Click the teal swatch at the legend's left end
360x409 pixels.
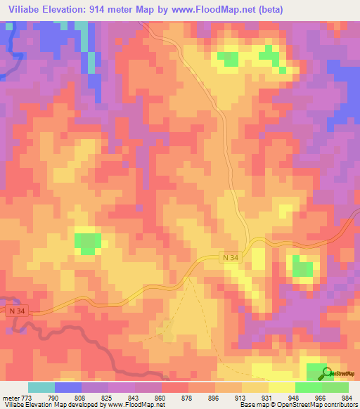click(x=41, y=388)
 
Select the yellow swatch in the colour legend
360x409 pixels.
click(x=281, y=388)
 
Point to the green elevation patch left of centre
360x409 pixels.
click(x=87, y=242)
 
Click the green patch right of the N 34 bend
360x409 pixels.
click(x=303, y=267)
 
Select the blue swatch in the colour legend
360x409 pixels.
click(x=68, y=388)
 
